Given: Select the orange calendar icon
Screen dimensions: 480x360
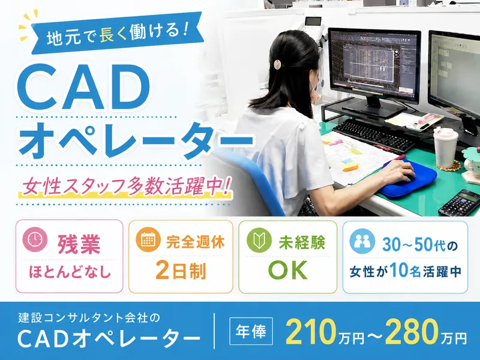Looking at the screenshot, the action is pyautogui.click(x=148, y=239).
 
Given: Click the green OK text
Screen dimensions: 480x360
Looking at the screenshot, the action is pyautogui.click(x=288, y=271).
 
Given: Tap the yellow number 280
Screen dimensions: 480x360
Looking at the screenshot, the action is pyautogui.click(x=411, y=332).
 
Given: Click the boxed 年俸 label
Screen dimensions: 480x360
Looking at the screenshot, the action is pyautogui.click(x=251, y=331).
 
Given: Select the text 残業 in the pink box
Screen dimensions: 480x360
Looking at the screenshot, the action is pyautogui.click(x=79, y=244).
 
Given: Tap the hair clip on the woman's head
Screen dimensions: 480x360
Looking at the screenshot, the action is pyautogui.click(x=277, y=65).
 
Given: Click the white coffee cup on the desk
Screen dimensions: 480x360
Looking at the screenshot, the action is pyautogui.click(x=446, y=148).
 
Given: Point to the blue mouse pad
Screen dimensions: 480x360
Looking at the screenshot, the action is pyautogui.click(x=409, y=179).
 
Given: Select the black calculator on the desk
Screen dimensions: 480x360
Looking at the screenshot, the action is pyautogui.click(x=460, y=203).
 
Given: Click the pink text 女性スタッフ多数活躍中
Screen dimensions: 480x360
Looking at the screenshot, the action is pyautogui.click(x=126, y=186).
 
